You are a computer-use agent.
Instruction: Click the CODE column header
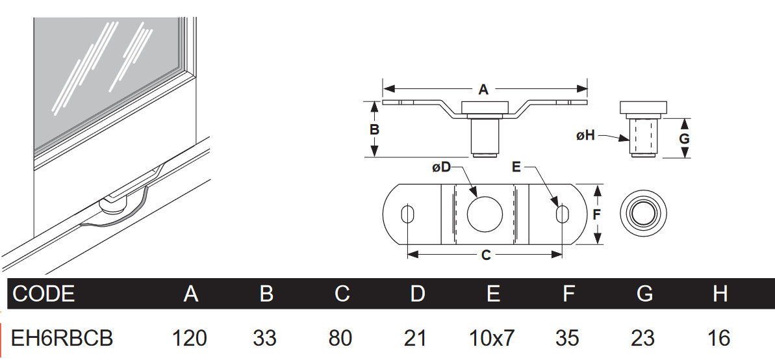tap(44, 294)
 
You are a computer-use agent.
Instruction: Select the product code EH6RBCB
tap(63, 338)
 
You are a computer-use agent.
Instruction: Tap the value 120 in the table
tap(190, 338)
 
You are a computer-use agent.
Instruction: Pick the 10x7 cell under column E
tap(492, 338)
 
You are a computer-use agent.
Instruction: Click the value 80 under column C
tap(340, 338)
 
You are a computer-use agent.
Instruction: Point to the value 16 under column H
tap(720, 338)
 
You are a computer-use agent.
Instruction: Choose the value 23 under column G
tap(644, 338)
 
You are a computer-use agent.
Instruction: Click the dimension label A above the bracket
tap(483, 90)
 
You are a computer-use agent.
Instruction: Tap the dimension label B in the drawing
tap(374, 129)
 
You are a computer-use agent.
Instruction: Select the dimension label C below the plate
tap(485, 256)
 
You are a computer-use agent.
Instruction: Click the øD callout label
tap(441, 168)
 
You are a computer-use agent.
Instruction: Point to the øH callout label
tap(585, 135)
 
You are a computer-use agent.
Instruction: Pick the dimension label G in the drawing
tap(684, 138)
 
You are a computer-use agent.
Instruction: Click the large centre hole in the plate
tap(485, 213)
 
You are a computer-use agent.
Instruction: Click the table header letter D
tap(417, 294)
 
